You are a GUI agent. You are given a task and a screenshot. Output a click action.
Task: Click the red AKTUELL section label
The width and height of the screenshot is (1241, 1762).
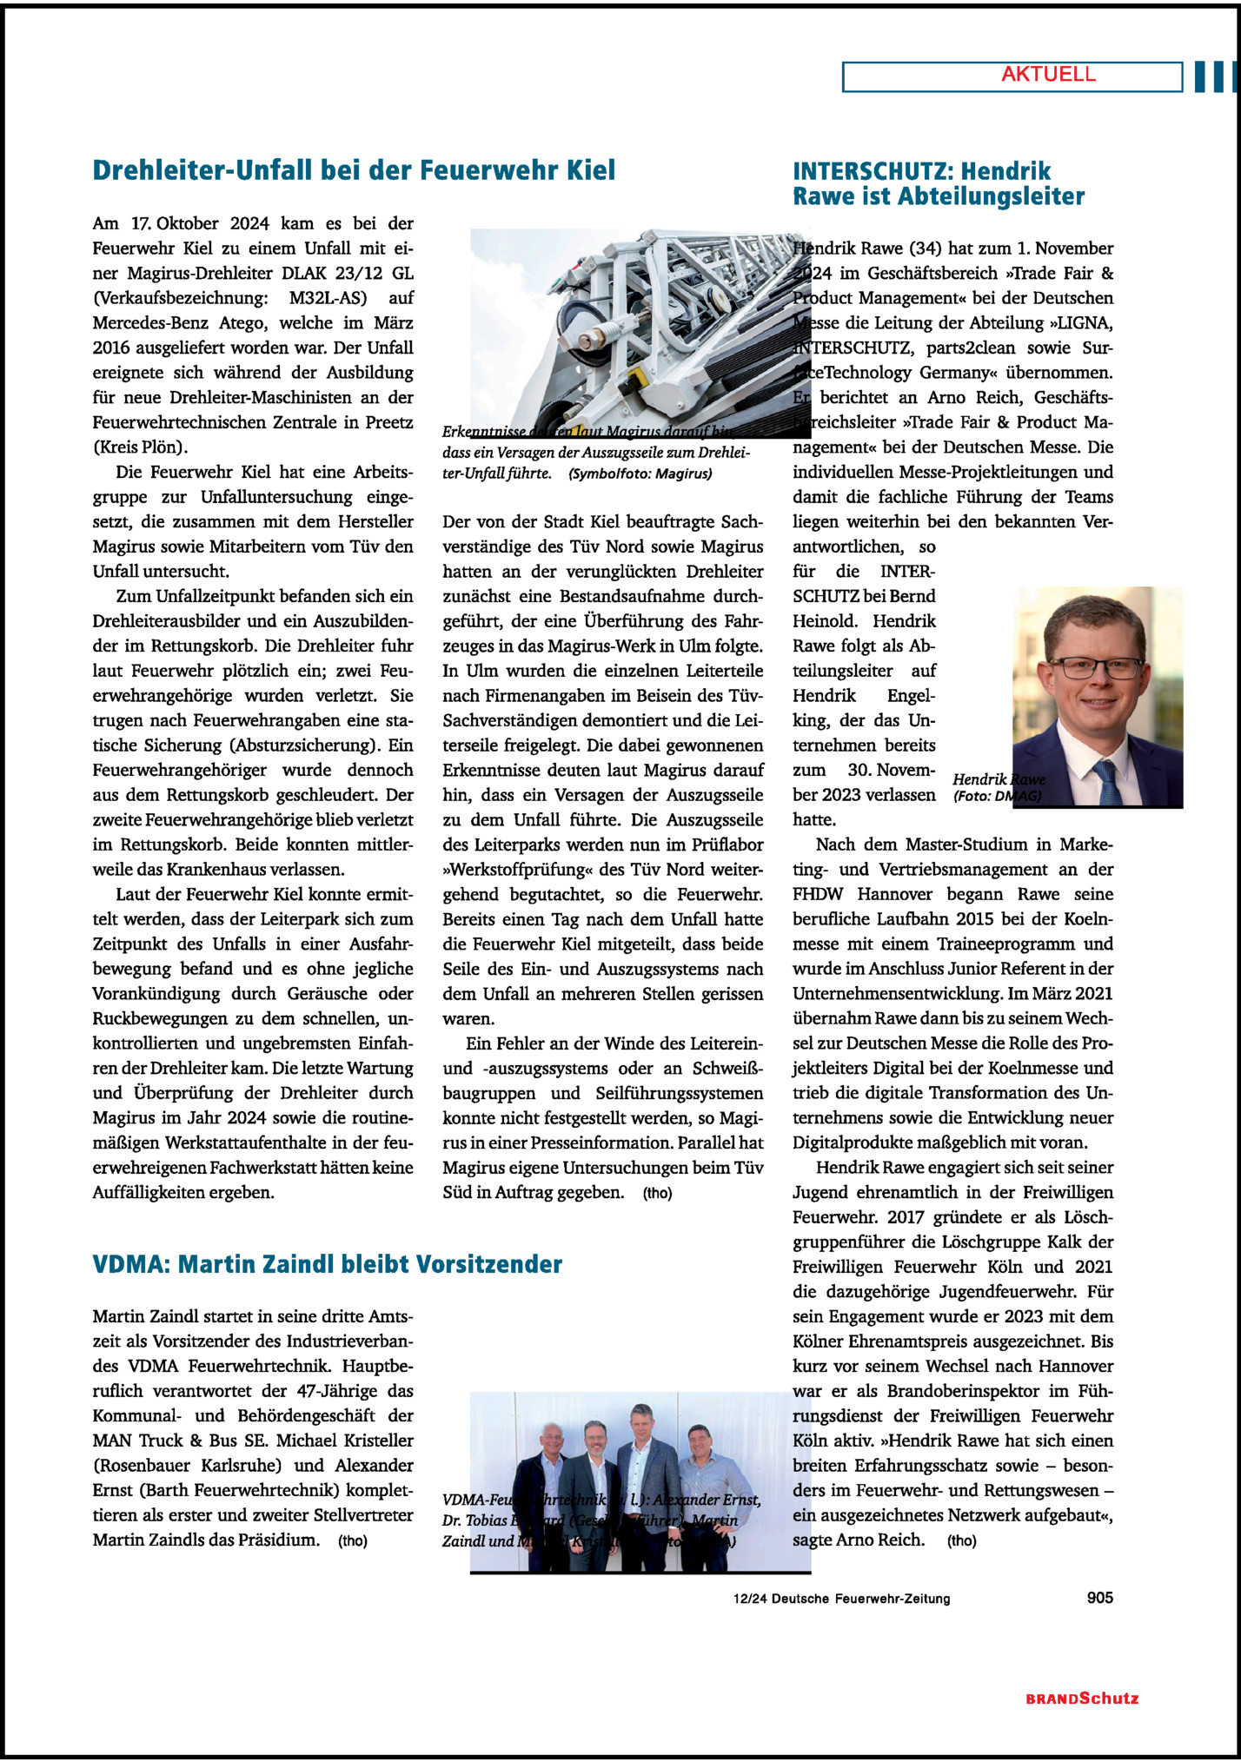[1048, 75]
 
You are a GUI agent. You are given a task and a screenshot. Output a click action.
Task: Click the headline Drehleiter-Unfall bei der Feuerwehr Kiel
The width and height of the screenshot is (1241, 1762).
[354, 169]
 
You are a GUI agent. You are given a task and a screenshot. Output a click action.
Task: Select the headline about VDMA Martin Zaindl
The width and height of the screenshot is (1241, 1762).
[327, 1263]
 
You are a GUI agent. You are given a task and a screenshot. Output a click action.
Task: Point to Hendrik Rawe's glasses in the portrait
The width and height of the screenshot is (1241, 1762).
[1096, 667]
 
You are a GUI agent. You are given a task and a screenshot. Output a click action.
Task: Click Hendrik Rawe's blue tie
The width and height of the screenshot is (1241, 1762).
[1107, 781]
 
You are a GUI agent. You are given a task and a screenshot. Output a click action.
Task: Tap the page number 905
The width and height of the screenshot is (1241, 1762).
[1099, 1597]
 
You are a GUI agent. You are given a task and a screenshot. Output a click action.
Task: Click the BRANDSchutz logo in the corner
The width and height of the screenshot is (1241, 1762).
[1082, 1699]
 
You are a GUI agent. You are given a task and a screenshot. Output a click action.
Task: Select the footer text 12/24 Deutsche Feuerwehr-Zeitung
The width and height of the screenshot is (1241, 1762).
[841, 1599]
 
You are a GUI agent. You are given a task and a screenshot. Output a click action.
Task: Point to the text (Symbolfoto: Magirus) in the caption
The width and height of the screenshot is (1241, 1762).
[640, 474]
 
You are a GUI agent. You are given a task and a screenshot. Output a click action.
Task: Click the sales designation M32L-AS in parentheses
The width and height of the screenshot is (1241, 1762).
[328, 298]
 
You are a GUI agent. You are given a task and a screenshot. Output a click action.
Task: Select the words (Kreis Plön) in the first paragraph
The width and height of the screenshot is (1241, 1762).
[140, 447]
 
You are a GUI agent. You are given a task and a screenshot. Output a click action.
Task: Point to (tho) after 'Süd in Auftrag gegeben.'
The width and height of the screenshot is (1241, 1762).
[658, 1193]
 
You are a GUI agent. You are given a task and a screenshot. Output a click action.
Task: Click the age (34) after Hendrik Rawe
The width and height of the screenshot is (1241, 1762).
[925, 248]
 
